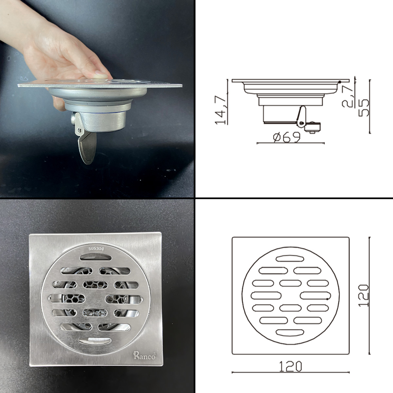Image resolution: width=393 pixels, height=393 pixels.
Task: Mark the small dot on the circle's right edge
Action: point(328,299)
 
